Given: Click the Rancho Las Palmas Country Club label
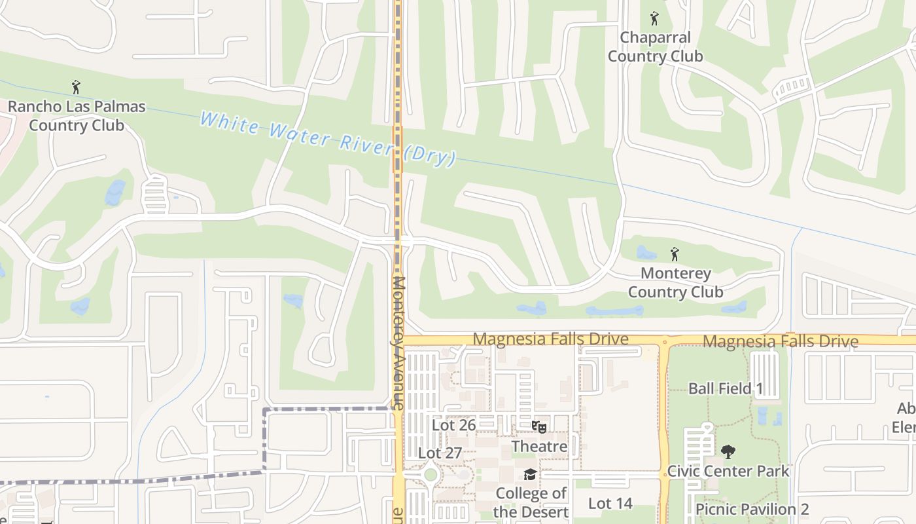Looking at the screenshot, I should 77,116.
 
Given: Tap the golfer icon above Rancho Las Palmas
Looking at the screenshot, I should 76,86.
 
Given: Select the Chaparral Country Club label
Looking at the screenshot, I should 655,47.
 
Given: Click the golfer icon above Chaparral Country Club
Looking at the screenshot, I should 654,18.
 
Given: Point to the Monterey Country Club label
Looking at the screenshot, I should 676,282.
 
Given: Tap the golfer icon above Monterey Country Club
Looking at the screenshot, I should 675,253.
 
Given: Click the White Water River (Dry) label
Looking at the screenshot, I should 327,139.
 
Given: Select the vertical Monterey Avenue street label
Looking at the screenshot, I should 398,343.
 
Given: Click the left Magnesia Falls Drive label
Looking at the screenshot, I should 550,339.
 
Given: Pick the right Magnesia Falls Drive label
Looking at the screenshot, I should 781,341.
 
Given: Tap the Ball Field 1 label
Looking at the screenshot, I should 726,388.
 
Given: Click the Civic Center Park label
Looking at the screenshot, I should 728,471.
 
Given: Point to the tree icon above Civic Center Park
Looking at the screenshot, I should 728,451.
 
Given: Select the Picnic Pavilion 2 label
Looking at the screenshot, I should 752,509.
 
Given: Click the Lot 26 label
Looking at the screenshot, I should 453,425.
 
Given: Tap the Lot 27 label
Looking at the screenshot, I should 440,453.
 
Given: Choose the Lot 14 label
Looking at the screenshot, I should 610,503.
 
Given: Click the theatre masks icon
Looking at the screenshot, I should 539,427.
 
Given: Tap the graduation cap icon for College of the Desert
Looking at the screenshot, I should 530,474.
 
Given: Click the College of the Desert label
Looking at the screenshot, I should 531,502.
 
